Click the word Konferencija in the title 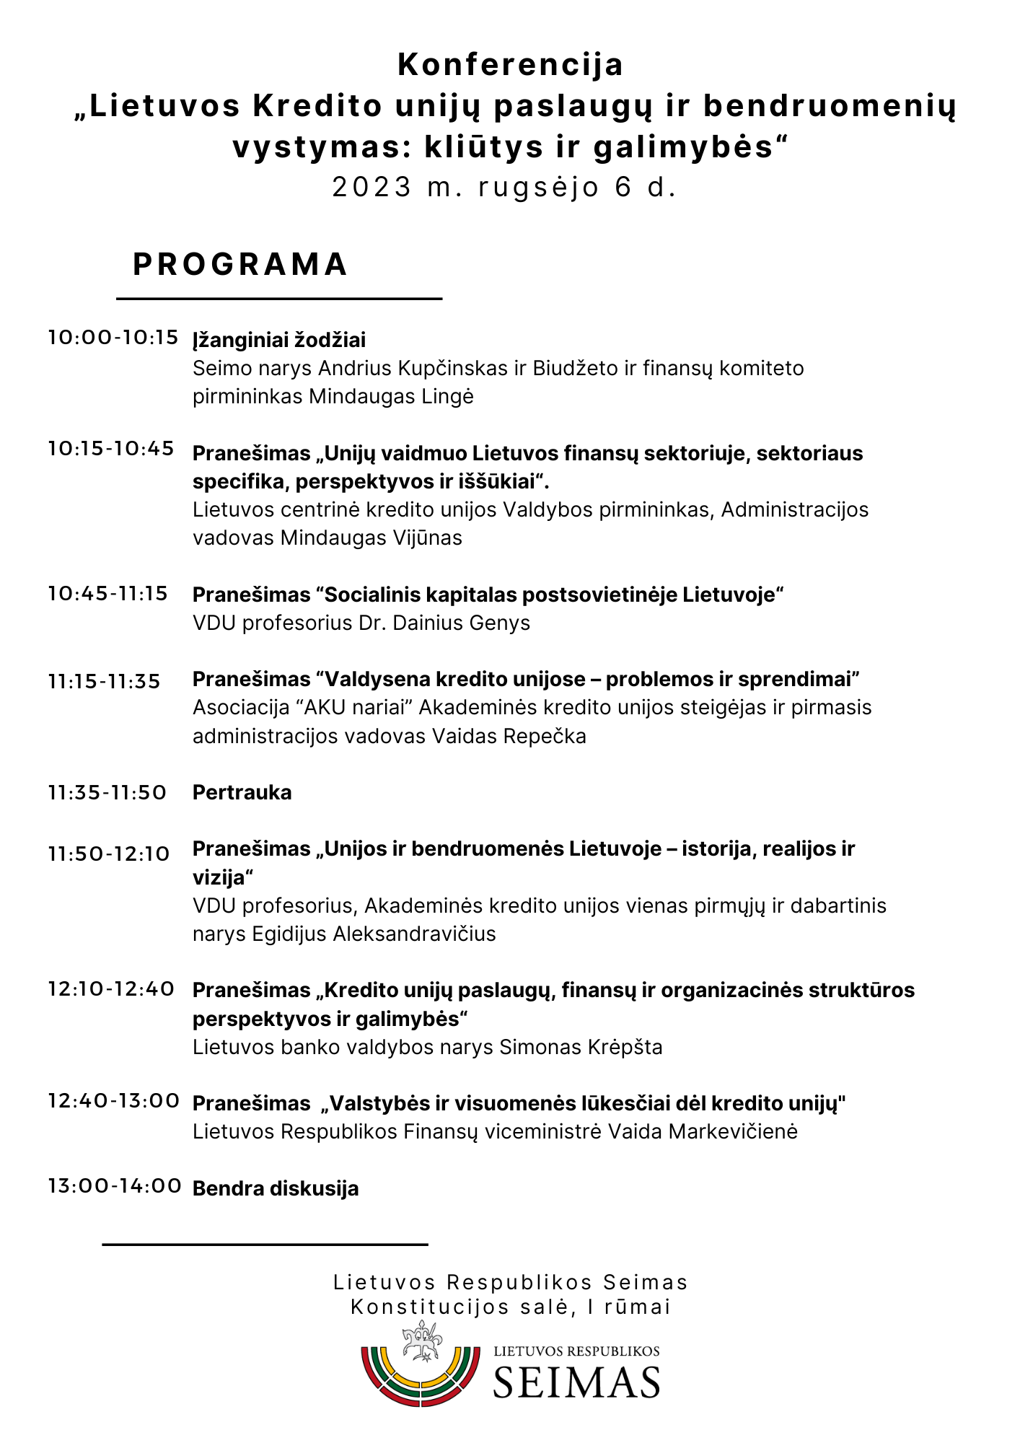[x=510, y=65]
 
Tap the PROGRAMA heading [x=241, y=264]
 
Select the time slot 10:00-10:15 [x=113, y=337]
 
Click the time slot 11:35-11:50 [x=107, y=793]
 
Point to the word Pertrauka [x=242, y=793]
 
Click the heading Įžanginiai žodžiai [x=279, y=340]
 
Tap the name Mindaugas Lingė [x=391, y=397]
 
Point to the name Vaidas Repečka [x=509, y=736]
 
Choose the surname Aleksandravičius [x=414, y=934]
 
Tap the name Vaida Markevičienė [x=703, y=1131]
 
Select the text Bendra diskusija [x=276, y=1188]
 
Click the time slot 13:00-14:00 [x=115, y=1186]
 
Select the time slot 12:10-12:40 [x=111, y=989]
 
